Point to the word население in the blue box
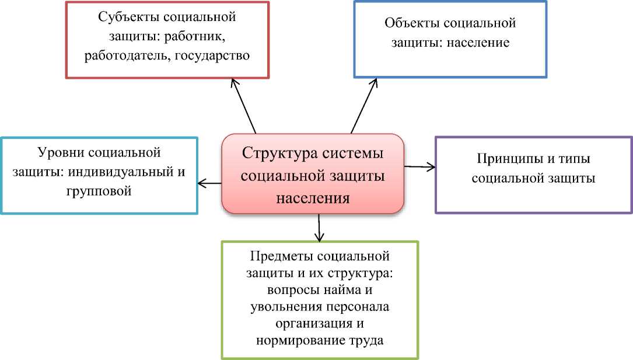point(478,43)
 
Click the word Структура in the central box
point(279,155)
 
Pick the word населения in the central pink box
point(313,197)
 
